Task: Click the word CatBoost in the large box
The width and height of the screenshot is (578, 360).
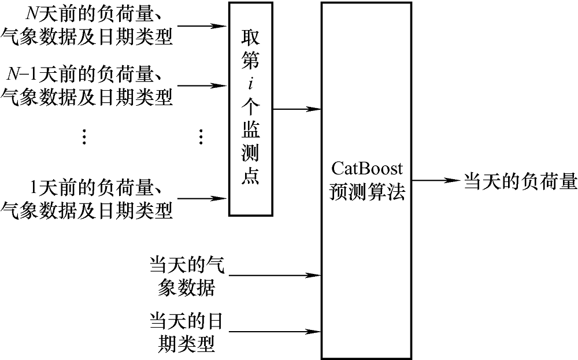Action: coord(367,169)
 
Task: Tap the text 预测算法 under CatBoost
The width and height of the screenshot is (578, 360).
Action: coord(367,191)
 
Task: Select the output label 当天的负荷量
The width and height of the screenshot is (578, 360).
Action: coord(520,181)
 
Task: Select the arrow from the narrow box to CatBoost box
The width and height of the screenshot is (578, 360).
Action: coord(298,109)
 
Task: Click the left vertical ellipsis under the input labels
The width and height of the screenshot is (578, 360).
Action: coord(84,136)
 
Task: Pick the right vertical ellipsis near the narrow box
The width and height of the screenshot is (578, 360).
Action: coord(201,136)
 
